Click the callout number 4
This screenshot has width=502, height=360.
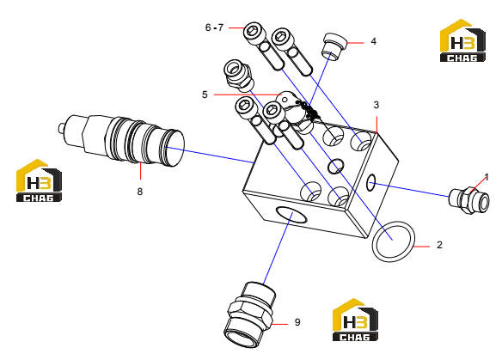pos(373,41)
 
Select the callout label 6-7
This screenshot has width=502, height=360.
pos(214,27)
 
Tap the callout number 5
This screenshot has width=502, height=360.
pos(205,95)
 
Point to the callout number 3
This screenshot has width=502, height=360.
pos(376,105)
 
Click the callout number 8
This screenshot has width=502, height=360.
pos(140,192)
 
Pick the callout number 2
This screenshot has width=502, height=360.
pos(439,245)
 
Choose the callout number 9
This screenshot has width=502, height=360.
pos(297,322)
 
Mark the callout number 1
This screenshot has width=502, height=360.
pos(487,177)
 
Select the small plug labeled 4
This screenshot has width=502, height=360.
pos(334,46)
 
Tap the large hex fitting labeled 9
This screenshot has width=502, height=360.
pos(250,314)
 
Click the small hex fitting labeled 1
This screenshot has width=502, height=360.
pos(469,201)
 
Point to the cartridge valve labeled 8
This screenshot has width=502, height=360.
pos(122,140)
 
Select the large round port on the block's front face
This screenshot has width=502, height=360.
pos(291,216)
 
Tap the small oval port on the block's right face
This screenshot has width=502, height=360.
pos(370,183)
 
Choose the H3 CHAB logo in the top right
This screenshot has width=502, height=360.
pos(462,40)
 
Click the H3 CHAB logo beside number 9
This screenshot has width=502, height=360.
pos(355,320)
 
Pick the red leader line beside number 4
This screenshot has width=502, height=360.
pos(355,43)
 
